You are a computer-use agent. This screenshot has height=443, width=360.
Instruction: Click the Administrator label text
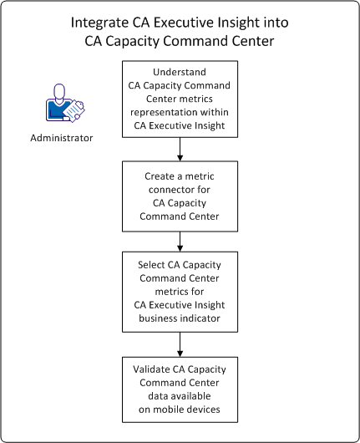(x=61, y=136)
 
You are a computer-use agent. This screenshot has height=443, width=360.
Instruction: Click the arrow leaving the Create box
(x=180, y=244)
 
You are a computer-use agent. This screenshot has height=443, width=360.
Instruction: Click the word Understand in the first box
(x=180, y=71)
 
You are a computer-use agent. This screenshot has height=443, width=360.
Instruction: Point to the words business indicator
(x=180, y=316)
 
